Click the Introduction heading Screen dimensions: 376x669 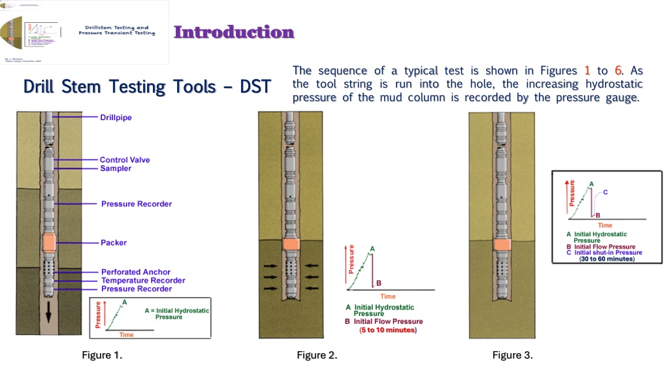234,32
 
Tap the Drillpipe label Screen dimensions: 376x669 116,117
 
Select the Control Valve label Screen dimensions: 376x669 125,159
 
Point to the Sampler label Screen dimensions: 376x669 116,168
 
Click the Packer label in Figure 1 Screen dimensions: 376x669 114,243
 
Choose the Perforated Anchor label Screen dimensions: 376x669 136,272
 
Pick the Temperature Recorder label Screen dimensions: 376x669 143,280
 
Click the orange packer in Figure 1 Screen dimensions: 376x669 48,243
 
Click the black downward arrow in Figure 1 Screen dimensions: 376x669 48,317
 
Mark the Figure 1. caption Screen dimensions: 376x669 102,355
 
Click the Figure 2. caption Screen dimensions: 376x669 317,355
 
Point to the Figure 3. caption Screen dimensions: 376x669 513,355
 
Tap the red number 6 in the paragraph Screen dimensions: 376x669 617,70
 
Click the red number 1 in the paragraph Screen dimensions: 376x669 587,70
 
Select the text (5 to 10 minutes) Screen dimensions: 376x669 388,330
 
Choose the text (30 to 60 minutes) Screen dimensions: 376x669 607,258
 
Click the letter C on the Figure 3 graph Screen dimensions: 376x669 606,192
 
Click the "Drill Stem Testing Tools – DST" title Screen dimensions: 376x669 147,86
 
